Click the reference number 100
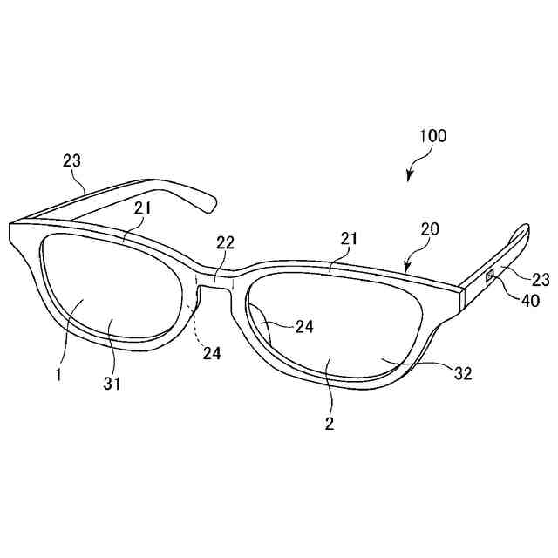432,136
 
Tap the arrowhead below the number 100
409,178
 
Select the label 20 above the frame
430,229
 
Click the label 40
530,301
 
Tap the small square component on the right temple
490,276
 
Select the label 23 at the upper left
72,160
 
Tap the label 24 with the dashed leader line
212,353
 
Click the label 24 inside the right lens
303,326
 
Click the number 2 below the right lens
329,425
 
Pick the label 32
463,373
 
